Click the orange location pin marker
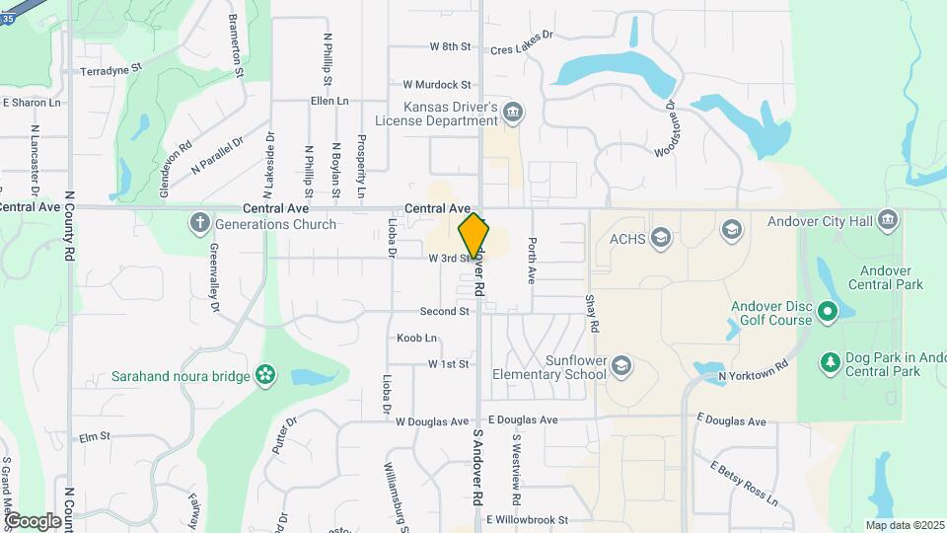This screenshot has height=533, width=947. coord(474,237)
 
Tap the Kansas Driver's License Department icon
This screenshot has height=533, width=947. coord(512,112)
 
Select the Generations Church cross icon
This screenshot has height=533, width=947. coord(199,222)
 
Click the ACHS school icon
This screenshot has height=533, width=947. coord(661,237)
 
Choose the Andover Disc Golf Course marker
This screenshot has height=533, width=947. coord(828,313)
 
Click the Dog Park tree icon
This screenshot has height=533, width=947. coord(830,363)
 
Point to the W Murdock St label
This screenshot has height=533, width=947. coord(430,85)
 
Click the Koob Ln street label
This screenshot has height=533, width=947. coord(416,338)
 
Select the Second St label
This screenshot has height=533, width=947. coord(444,311)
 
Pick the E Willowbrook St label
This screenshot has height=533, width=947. coord(528,519)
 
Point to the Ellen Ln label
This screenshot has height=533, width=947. coord(329,101)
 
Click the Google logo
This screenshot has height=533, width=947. coord(33,520)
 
